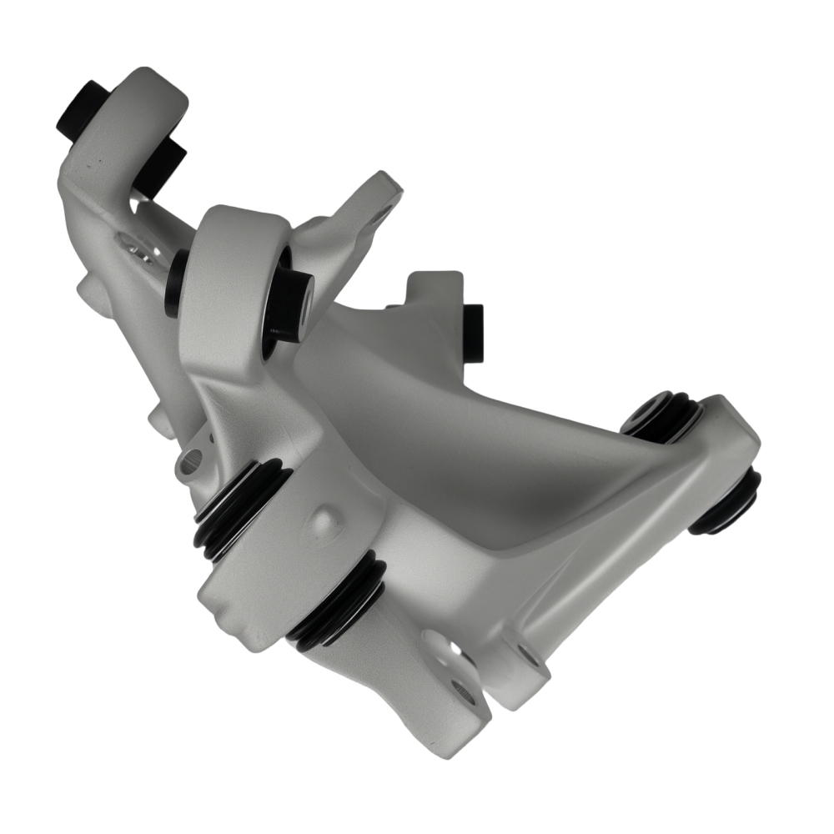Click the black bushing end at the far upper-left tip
coord(82,110)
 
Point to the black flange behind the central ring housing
coord(175,284)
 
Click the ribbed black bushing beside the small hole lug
coord(238,509)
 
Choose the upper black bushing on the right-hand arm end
coord(663,417)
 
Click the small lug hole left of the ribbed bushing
coord(193,458)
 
